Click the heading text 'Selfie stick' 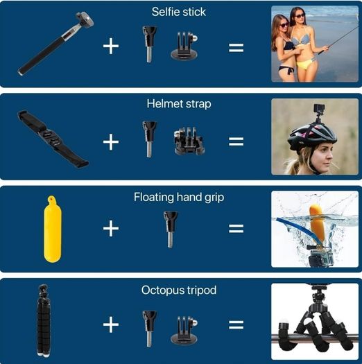178,12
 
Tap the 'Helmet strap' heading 179,104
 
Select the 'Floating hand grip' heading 179,198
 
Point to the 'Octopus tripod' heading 179,291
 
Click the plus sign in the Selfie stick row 111,46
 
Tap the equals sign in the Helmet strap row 236,141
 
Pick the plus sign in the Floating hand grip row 111,228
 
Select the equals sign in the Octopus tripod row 236,324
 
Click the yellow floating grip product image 53,229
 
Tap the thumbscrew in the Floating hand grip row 171,229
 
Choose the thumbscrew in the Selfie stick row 149,44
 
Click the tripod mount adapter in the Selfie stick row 184,46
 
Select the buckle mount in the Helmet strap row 189,141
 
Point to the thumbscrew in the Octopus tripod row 149,329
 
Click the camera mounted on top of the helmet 319,109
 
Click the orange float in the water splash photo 317,223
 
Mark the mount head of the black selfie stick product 85,19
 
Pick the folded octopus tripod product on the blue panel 44,320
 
